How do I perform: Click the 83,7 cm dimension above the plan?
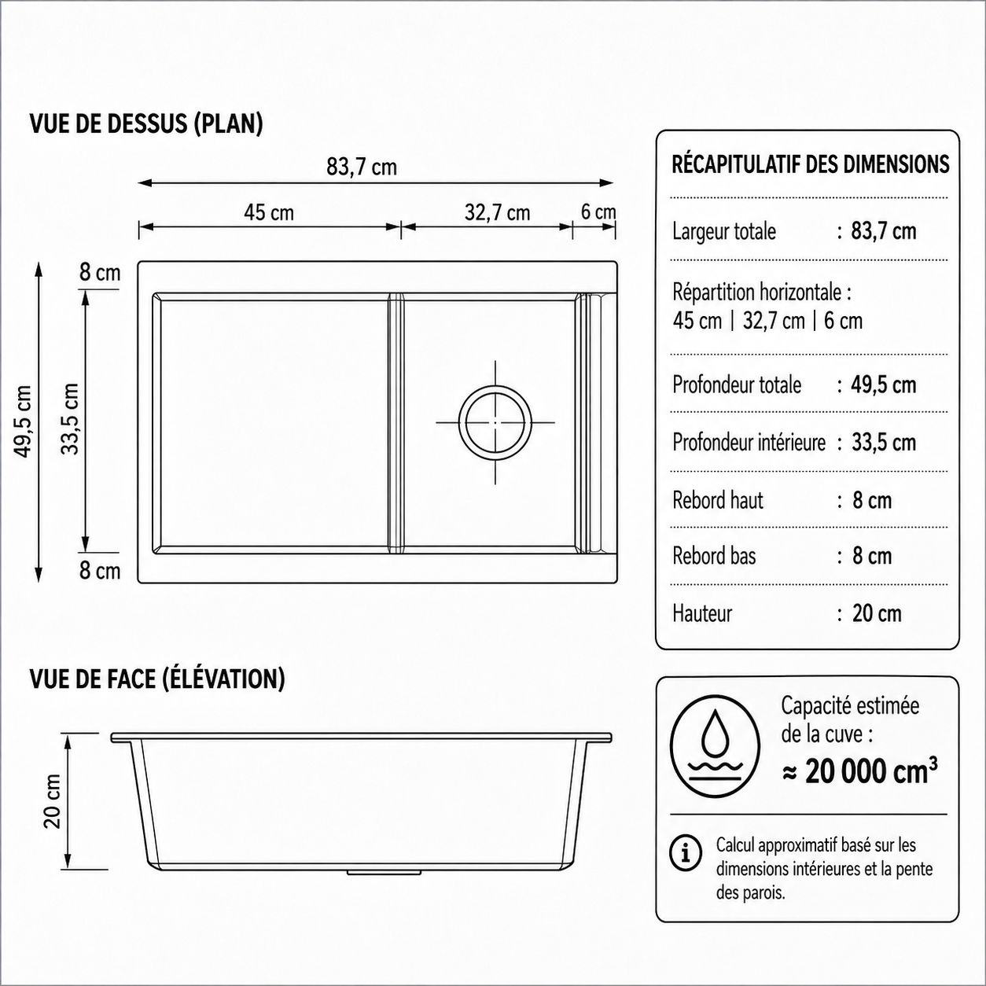pos(362,167)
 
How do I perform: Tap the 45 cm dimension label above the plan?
pos(269,213)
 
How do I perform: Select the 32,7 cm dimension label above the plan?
pos(498,213)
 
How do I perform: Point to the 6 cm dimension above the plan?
pos(598,212)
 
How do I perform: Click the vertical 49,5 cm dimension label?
pos(23,421)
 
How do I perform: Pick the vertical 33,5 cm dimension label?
pos(70,419)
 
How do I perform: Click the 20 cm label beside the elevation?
pos(52,801)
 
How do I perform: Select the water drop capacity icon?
pos(715,747)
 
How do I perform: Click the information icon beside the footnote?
pos(686,853)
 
